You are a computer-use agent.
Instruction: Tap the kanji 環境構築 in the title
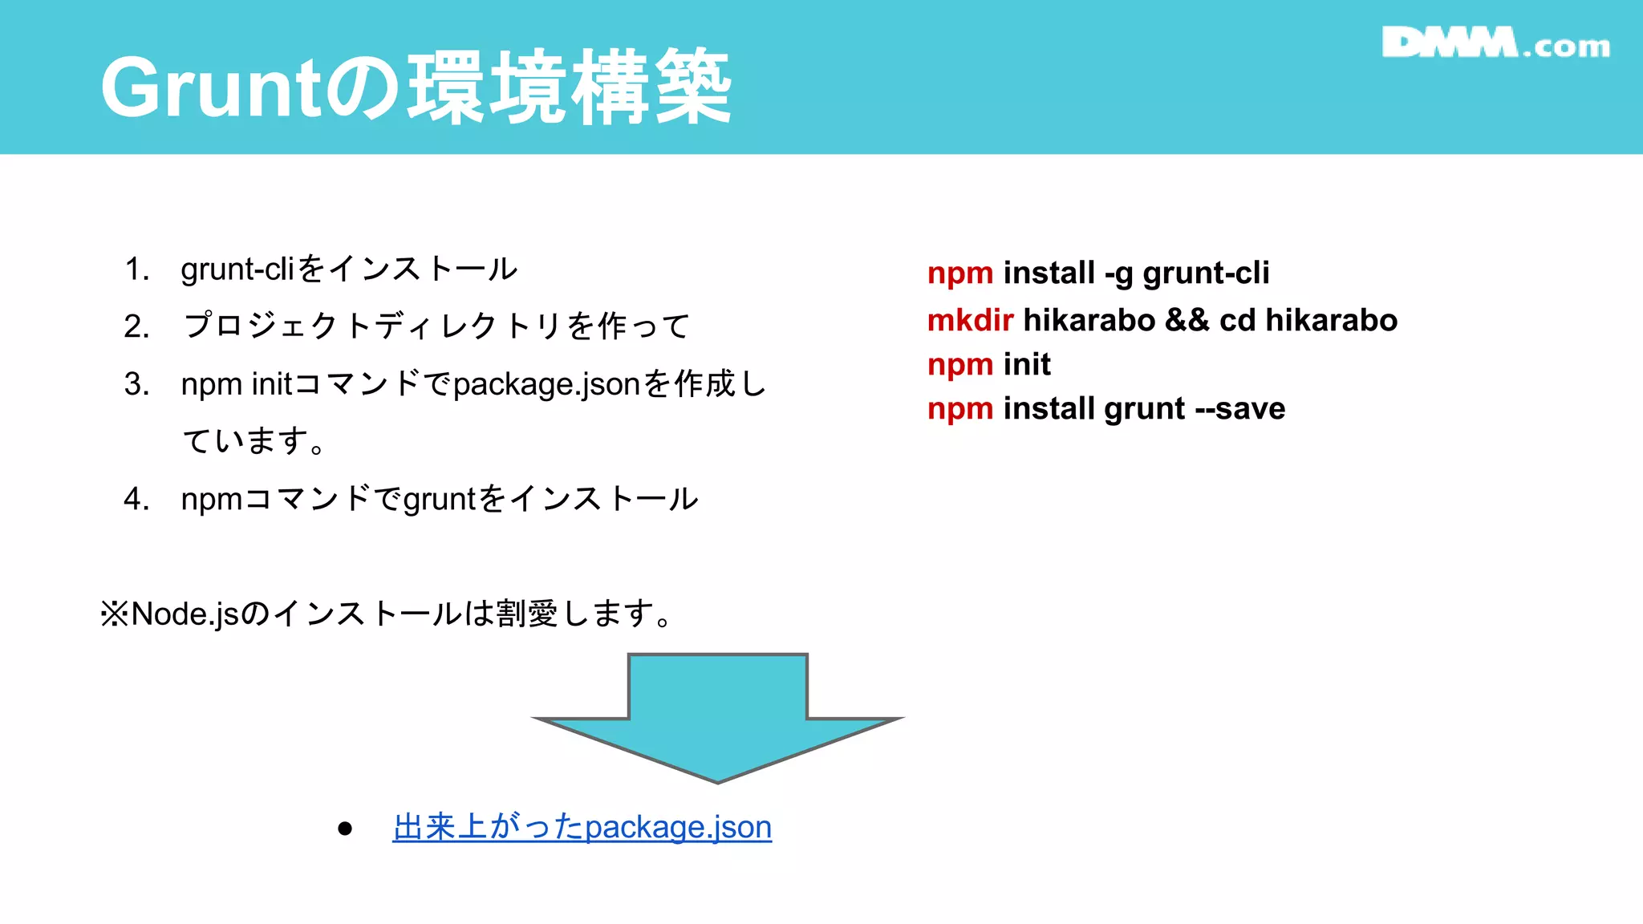point(570,87)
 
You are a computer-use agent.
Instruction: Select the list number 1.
point(136,269)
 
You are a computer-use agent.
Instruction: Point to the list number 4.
point(136,499)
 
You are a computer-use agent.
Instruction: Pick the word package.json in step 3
point(546,385)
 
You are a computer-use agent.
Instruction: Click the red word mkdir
point(970,320)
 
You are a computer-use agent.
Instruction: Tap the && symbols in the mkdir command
point(1187,320)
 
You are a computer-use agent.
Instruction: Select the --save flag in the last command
point(1240,409)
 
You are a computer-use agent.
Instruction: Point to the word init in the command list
point(1027,365)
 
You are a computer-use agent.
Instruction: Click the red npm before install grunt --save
point(960,409)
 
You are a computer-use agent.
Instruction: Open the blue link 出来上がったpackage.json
point(582,827)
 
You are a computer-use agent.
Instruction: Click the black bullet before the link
point(345,829)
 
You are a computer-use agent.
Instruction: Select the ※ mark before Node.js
point(115,614)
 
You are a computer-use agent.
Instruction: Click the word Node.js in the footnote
point(185,614)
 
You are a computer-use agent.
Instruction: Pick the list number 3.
point(136,384)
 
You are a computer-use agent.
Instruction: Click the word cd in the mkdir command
point(1237,320)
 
